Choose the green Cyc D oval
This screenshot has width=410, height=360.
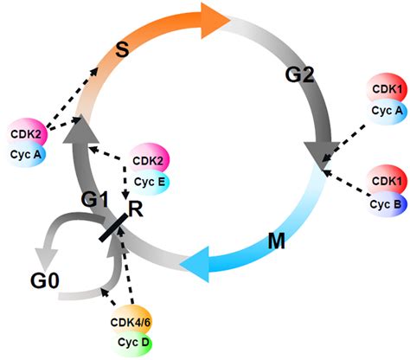click(131, 340)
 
